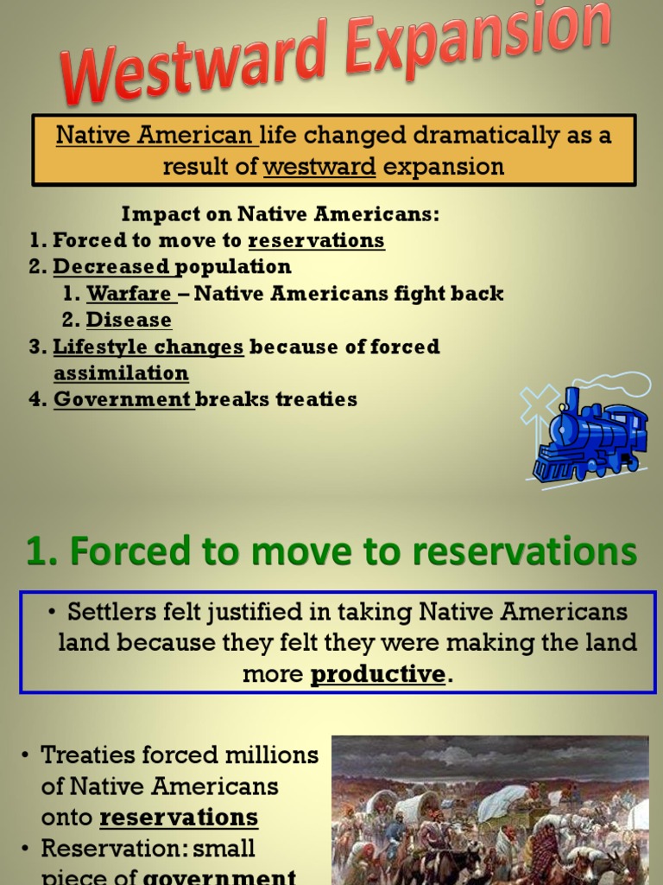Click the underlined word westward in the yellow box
(x=319, y=166)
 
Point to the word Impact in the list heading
(x=153, y=214)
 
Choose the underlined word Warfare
(x=129, y=294)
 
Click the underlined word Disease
(x=129, y=321)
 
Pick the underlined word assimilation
(x=121, y=373)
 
